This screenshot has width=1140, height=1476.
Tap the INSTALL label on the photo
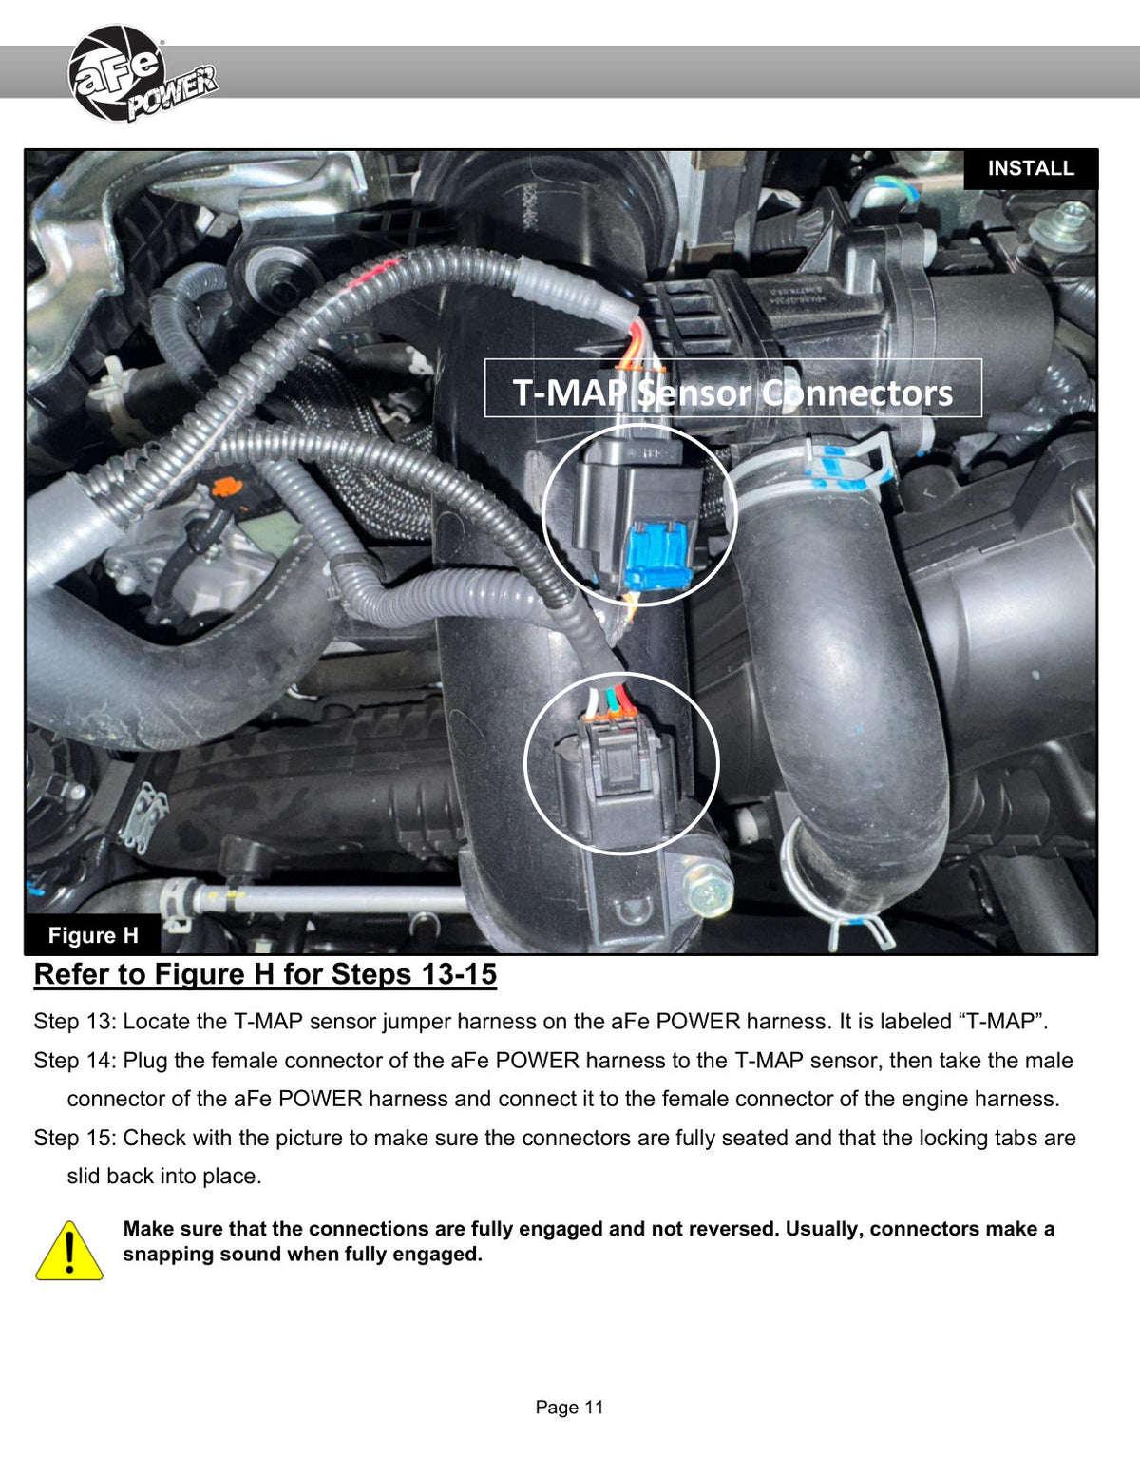1030,168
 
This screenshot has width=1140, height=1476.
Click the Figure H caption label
93,934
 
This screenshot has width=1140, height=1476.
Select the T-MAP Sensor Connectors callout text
732,393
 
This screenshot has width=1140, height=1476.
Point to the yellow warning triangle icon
68,1251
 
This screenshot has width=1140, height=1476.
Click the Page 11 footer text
569,1406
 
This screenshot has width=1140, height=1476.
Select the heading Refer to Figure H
265,974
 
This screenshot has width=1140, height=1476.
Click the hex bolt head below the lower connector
710,891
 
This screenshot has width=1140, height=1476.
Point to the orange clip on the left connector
227,487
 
